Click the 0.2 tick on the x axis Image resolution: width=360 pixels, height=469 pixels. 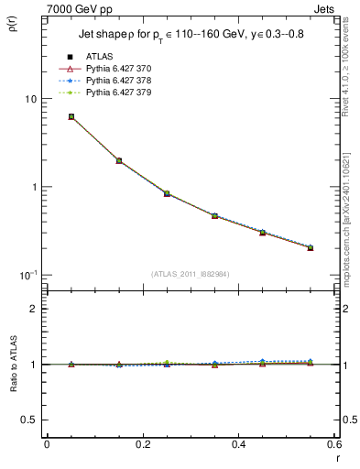click(x=142, y=446)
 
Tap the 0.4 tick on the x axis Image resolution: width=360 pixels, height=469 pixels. click(x=238, y=446)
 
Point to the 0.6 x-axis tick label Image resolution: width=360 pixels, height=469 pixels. click(x=333, y=446)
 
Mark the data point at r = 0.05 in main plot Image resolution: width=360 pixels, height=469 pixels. click(x=71, y=117)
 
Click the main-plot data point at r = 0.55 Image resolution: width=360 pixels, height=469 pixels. click(x=311, y=247)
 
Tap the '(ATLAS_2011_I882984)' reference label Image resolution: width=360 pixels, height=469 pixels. click(x=191, y=274)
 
